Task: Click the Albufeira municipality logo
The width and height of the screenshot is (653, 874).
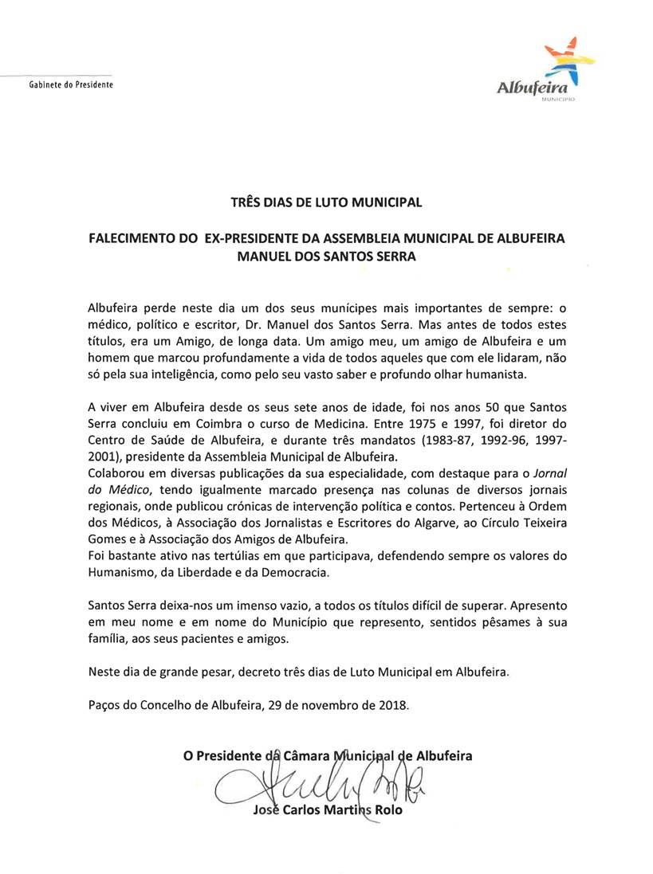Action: (544, 73)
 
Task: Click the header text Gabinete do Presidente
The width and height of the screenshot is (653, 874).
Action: (71, 84)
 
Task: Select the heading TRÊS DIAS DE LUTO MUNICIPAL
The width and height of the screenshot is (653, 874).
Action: (326, 202)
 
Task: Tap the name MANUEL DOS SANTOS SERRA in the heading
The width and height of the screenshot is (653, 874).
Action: (327, 257)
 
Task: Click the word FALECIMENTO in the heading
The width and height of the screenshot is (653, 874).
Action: (136, 239)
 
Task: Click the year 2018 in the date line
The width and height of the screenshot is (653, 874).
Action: (393, 705)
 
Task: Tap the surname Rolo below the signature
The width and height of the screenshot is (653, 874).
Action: (386, 811)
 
